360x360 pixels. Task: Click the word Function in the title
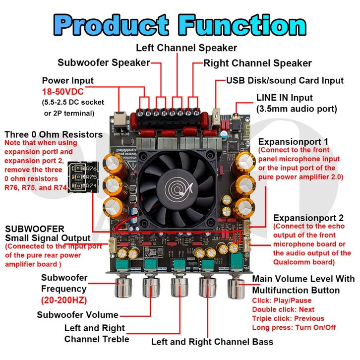coord(242,24)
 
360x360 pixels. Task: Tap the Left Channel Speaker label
coord(186,48)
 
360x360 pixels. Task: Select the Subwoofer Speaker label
coord(104,62)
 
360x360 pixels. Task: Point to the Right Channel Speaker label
coord(258,63)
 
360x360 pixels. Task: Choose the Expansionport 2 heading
coord(308,218)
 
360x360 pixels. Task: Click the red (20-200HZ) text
coord(64,300)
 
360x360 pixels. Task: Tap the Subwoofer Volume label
coord(78,314)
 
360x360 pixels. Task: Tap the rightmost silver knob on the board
coord(234,287)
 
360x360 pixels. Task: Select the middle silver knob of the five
coord(179,287)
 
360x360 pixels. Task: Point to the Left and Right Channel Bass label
coord(212,342)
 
